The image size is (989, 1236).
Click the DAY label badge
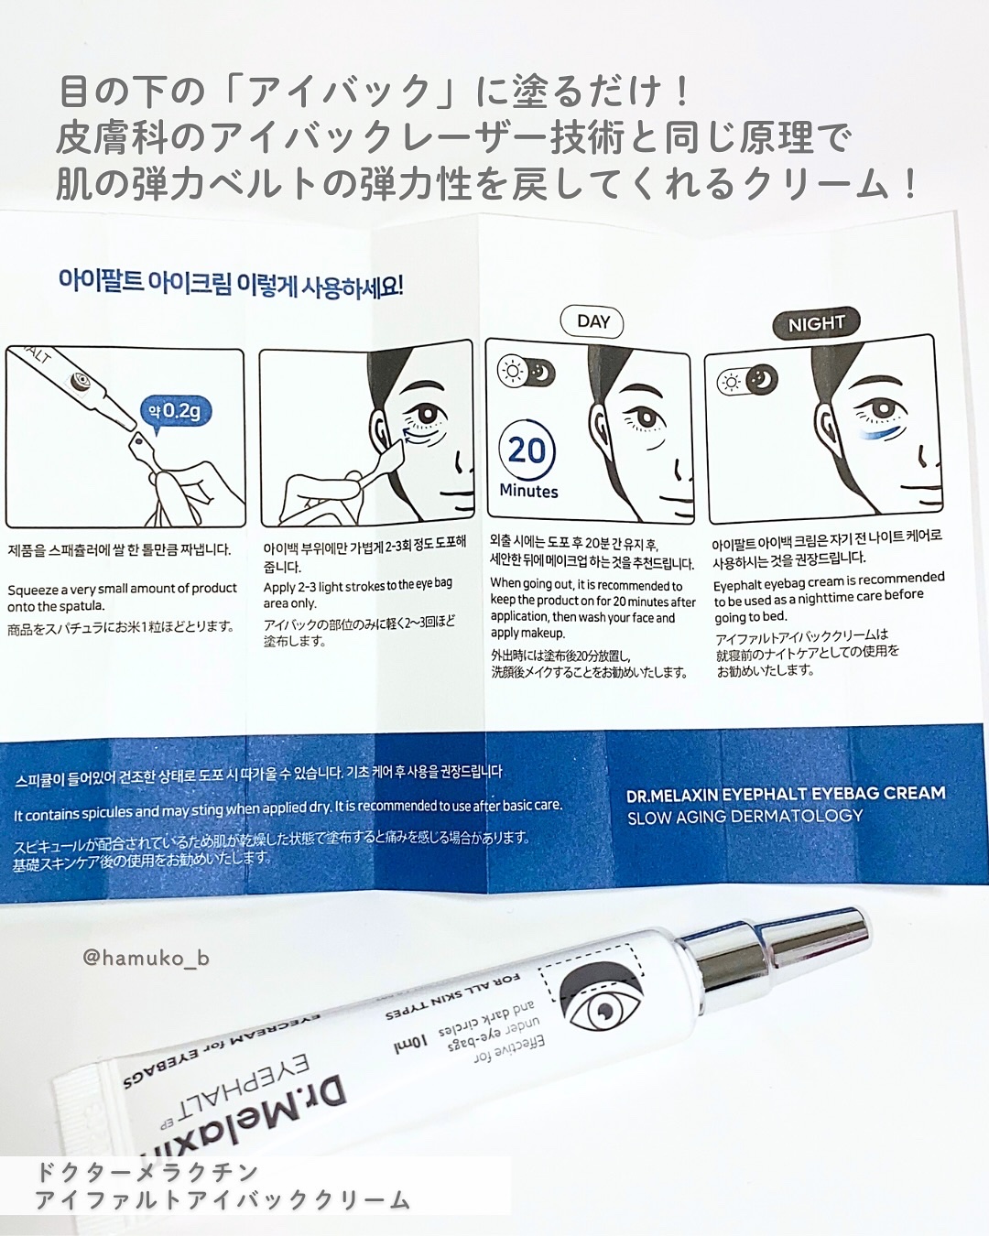click(x=592, y=321)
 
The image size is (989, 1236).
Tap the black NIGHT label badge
click(x=816, y=323)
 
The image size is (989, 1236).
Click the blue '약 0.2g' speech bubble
click(x=175, y=411)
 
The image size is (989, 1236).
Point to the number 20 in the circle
click(x=527, y=450)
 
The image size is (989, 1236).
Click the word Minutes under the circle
click(x=528, y=491)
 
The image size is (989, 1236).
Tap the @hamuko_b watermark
click(x=146, y=958)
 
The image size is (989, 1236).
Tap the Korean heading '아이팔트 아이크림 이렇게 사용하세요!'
click(x=231, y=283)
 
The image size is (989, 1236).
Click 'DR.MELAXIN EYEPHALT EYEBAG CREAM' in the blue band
click(x=786, y=794)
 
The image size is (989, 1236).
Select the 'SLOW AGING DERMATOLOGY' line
click(x=744, y=816)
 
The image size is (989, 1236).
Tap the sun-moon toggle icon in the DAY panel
click(x=526, y=371)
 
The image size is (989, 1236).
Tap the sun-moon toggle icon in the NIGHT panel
click(x=747, y=380)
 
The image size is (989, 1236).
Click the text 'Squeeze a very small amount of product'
click(x=122, y=589)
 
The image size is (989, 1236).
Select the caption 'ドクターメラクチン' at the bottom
click(x=147, y=1172)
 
